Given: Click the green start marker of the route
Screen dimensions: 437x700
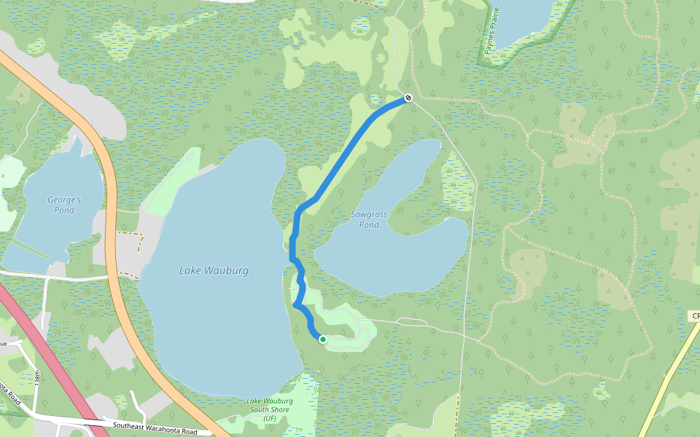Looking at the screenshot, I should (322, 339).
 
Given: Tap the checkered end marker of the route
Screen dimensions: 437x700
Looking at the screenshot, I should (408, 98).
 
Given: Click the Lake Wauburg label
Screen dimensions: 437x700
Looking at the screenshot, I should (214, 271).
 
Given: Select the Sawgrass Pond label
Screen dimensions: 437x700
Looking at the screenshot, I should (369, 219).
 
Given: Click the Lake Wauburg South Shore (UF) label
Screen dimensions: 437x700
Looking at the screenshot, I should (270, 410).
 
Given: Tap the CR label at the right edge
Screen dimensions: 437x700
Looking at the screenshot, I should (695, 316).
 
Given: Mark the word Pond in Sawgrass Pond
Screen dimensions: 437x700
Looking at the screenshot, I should (369, 225).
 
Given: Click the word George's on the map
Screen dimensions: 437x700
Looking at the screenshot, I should (64, 200).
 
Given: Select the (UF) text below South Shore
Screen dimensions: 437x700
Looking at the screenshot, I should (270, 419).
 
